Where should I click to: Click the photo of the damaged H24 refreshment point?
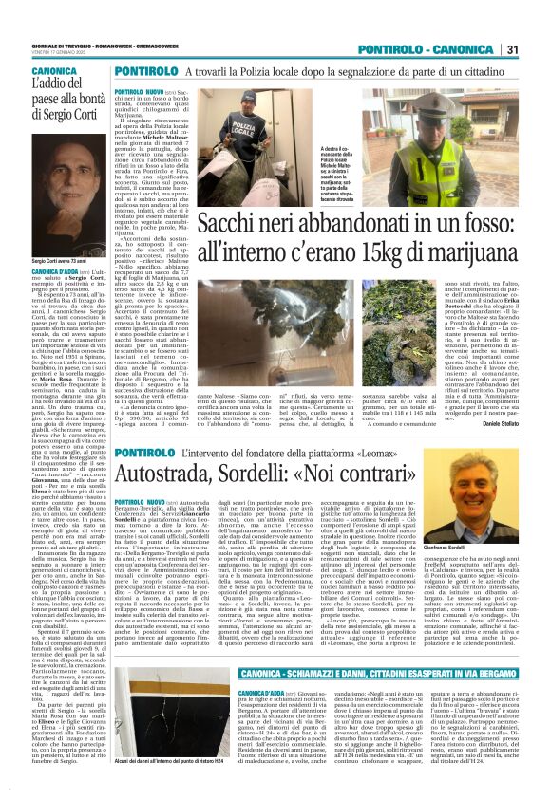(x=191, y=730)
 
